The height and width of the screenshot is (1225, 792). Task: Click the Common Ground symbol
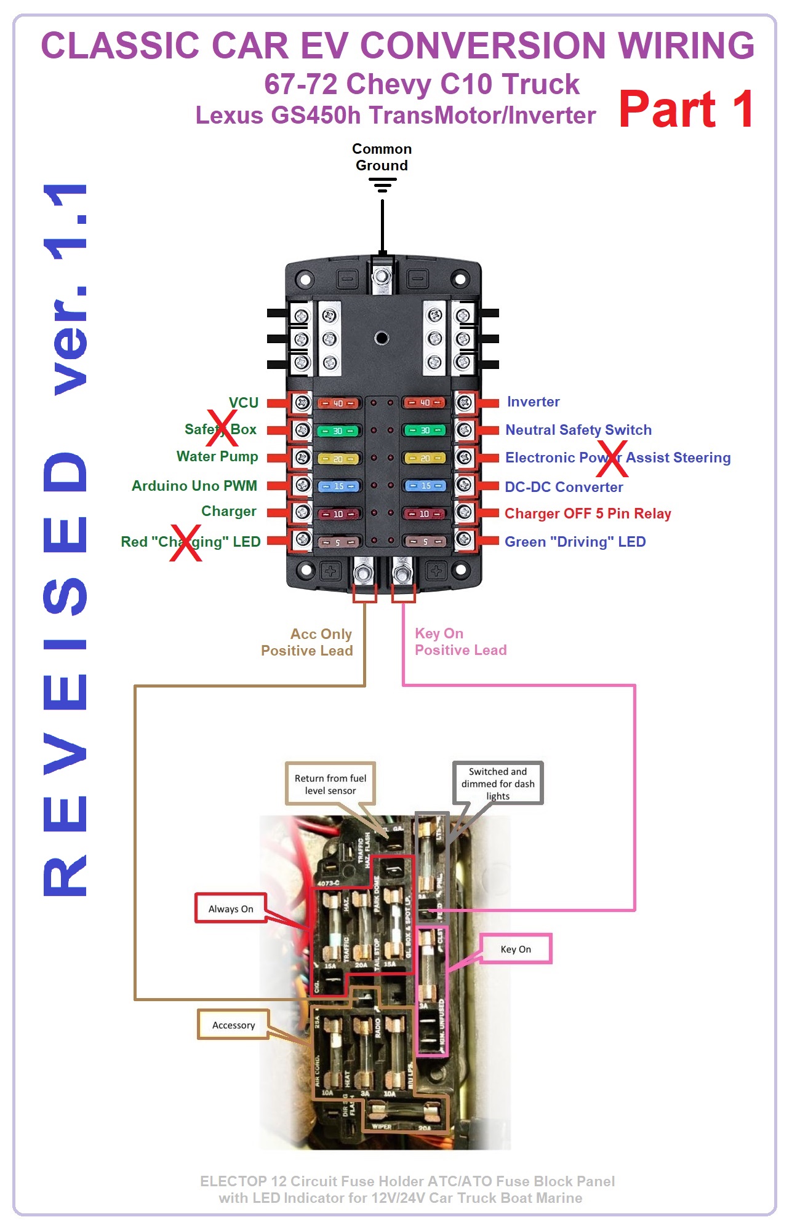(x=382, y=184)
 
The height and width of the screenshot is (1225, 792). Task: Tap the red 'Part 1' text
(x=686, y=109)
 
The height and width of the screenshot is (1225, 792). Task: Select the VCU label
(x=244, y=403)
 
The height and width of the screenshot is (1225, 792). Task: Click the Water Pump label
(x=217, y=456)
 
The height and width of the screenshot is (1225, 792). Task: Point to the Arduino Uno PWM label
(x=194, y=486)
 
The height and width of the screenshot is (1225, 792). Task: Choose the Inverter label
(x=533, y=402)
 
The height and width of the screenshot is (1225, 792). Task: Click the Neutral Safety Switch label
(x=578, y=430)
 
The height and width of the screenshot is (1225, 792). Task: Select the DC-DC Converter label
(x=564, y=487)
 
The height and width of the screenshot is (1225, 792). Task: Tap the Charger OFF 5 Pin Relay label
(x=588, y=513)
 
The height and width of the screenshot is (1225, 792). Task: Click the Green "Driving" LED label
(x=575, y=542)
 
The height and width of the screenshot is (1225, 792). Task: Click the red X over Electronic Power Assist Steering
(x=612, y=459)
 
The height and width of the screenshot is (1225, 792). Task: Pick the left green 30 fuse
(x=338, y=431)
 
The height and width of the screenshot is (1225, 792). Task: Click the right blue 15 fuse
(x=425, y=486)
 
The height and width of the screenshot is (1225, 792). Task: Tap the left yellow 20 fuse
(x=338, y=459)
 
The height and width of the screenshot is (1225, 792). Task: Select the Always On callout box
(x=231, y=908)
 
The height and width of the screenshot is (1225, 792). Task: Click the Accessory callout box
(x=233, y=1025)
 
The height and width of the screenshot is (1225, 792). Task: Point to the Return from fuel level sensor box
(x=330, y=784)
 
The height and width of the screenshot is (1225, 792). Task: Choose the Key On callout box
(x=516, y=949)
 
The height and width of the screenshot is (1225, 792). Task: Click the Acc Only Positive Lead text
(x=306, y=642)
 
